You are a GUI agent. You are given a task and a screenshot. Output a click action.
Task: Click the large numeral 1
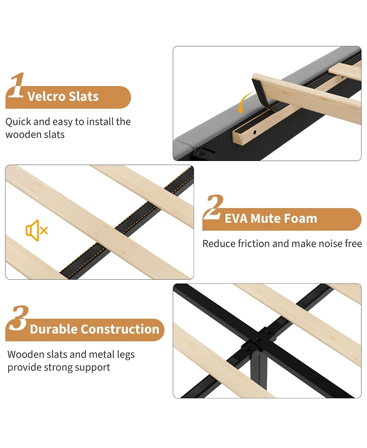tap(17, 85)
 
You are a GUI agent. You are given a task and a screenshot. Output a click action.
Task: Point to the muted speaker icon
tap(37, 230)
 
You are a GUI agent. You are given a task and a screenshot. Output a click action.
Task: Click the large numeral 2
tap(213, 207)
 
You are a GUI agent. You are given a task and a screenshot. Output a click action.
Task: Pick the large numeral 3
tap(19, 318)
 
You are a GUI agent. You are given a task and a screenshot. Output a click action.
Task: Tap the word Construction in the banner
tap(119, 329)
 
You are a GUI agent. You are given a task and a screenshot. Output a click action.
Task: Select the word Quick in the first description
tap(18, 122)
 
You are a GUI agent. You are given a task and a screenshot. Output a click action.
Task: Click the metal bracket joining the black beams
tap(258, 339)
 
